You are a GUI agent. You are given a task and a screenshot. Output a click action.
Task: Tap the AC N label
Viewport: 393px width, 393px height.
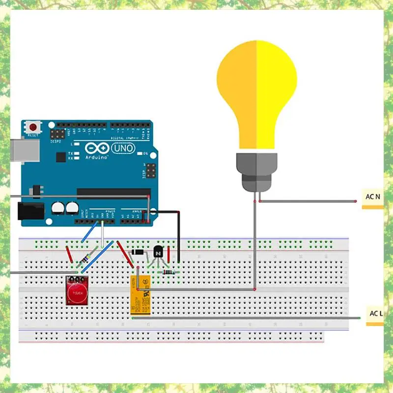[x=373, y=197]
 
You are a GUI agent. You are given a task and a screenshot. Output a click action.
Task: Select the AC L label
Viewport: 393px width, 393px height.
[x=376, y=313]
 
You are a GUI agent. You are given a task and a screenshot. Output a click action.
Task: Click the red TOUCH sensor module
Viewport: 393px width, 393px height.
[x=77, y=290]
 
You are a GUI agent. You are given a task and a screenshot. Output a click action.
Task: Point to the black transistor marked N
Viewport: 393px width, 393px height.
[x=158, y=252]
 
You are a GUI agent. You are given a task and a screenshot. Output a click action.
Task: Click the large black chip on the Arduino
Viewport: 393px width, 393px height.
[x=113, y=192]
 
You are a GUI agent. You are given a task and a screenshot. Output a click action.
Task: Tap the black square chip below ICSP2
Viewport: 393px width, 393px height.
[x=60, y=157]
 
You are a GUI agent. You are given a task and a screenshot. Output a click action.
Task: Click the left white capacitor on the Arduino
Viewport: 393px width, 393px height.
[x=58, y=208]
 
